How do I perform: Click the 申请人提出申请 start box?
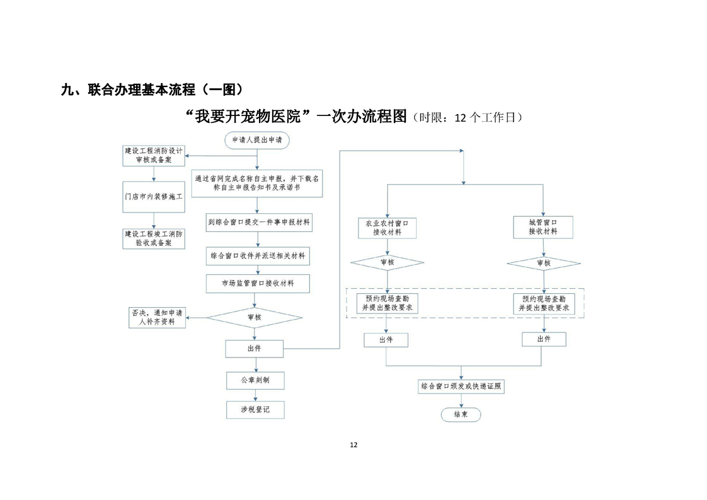click(256, 141)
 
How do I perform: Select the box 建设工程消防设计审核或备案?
click(154, 156)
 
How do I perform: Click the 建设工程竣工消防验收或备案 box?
click(154, 238)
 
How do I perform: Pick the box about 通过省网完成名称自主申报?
click(256, 183)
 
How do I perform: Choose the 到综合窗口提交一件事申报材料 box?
click(258, 223)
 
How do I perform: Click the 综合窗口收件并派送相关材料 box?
click(258, 256)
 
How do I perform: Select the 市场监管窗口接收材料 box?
click(258, 284)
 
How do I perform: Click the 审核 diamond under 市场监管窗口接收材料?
click(255, 318)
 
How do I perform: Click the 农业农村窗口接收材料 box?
click(388, 227)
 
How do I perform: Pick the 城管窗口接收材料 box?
click(543, 227)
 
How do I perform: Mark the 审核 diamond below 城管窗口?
click(543, 263)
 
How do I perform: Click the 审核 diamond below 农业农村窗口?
click(388, 262)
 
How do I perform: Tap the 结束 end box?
click(461, 414)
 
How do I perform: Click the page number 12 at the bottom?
click(353, 445)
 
